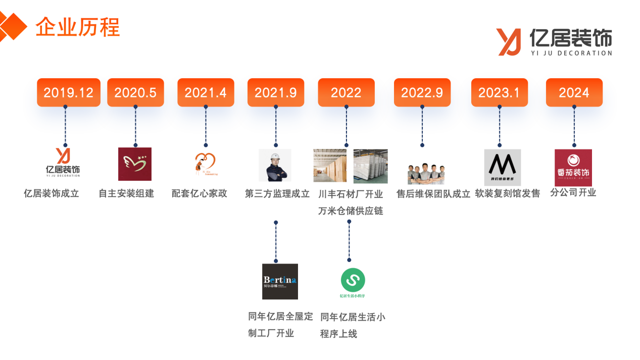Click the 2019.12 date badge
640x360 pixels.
[68, 92]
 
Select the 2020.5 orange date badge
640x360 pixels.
[135, 92]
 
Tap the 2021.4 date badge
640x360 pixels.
[206, 92]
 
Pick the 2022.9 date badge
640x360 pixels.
[422, 92]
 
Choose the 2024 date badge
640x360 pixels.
[574, 92]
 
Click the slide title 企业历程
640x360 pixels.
[77, 27]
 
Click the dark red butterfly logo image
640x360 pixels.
[135, 164]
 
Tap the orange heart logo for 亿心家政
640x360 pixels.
[205, 163]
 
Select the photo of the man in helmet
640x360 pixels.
[275, 165]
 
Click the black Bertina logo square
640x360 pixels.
[280, 281]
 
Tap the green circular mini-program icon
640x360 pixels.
[353, 280]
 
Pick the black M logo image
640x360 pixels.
[502, 167]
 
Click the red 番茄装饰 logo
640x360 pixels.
[573, 168]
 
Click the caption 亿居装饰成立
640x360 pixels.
[52, 193]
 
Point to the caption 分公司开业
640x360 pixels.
[573, 192]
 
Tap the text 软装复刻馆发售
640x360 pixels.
[507, 193]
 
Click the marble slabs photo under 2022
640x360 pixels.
[370, 166]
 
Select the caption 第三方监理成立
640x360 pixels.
[277, 193]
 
